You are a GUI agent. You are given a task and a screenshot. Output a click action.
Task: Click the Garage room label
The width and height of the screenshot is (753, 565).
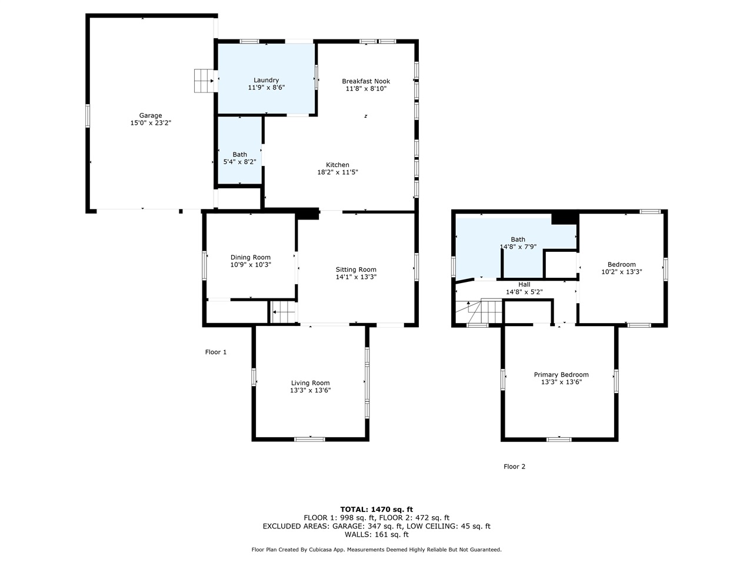[151, 115]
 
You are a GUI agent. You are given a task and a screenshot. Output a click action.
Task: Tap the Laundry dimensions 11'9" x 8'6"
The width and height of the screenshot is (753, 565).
[266, 88]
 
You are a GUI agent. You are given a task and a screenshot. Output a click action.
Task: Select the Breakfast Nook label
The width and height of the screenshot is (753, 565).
[366, 81]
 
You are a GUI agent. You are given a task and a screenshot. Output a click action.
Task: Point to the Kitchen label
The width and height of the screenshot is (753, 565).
[338, 165]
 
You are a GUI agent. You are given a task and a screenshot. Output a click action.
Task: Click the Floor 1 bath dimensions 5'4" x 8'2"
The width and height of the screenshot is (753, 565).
[239, 162]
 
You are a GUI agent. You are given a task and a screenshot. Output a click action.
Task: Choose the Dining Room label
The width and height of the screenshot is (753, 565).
[251, 257]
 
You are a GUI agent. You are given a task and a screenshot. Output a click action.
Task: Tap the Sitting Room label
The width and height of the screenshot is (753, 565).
[356, 270]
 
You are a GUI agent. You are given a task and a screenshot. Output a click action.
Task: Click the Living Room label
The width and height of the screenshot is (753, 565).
[310, 383]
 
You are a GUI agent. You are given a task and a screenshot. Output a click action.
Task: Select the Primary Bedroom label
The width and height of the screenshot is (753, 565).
[561, 375]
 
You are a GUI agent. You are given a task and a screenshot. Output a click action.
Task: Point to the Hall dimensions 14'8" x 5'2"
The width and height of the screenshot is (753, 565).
[524, 292]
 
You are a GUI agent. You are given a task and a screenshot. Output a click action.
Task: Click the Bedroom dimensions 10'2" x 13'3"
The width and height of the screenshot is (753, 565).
[621, 272]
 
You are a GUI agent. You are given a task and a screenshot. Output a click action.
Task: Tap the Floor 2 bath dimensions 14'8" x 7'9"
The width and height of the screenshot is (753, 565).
[518, 247]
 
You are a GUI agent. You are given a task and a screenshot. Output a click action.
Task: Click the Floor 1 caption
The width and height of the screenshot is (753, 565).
[216, 352]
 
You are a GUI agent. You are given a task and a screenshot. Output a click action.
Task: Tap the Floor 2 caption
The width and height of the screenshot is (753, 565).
[514, 466]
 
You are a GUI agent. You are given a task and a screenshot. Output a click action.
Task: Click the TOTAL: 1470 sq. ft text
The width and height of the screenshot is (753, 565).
[376, 509]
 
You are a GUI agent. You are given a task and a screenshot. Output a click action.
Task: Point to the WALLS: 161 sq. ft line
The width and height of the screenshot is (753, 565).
[376, 534]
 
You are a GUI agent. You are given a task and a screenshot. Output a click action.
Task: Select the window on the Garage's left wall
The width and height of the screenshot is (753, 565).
[88, 115]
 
